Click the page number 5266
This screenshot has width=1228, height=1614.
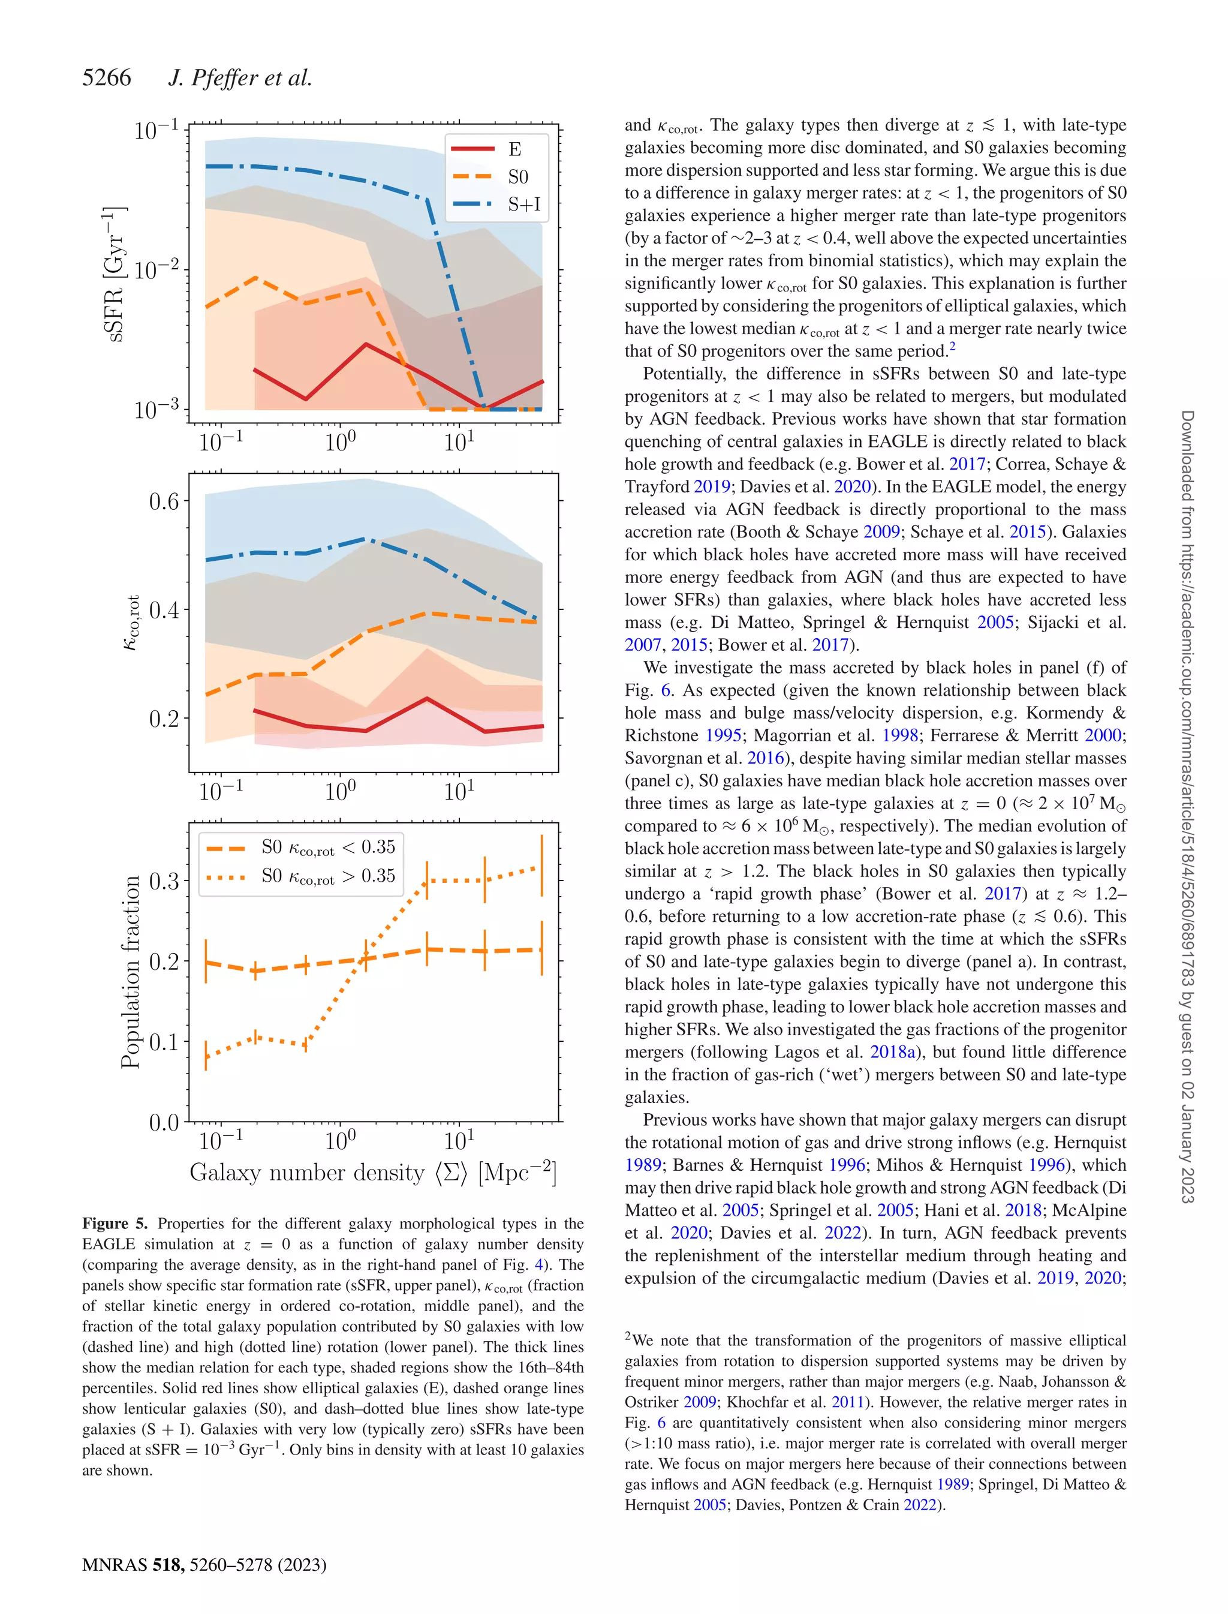(x=107, y=77)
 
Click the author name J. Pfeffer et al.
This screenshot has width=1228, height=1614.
(x=240, y=77)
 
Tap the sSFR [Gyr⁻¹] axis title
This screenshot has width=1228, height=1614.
(x=114, y=274)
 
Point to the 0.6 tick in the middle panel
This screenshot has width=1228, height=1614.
(x=164, y=501)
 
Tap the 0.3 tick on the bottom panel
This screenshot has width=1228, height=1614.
(x=164, y=881)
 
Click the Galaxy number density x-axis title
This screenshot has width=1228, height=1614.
(x=373, y=1173)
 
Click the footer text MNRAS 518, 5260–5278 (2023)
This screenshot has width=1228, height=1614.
(x=204, y=1564)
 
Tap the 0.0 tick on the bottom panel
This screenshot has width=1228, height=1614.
(x=164, y=1122)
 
